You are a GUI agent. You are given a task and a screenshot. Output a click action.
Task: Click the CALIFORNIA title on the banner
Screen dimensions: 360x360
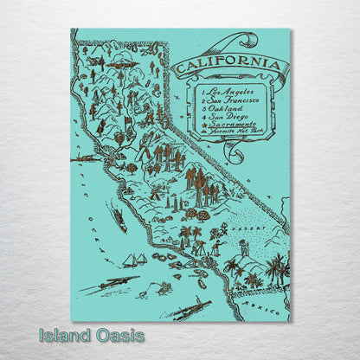(228, 65)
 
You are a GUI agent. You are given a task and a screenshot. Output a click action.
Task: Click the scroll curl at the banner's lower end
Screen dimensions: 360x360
(231, 153)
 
